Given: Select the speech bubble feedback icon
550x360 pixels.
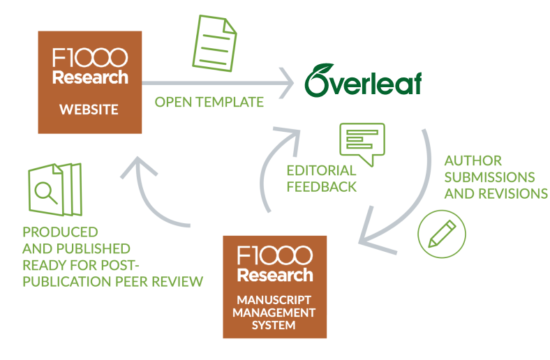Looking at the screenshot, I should (x=361, y=142).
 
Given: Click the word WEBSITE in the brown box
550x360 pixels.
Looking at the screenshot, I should (x=89, y=110).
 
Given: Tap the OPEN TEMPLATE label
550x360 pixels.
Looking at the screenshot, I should (x=209, y=103).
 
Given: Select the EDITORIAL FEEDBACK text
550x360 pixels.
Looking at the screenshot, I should (x=322, y=179).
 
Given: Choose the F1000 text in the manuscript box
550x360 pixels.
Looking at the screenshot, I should (x=274, y=253).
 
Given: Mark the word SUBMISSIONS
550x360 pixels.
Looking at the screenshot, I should (x=489, y=177).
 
